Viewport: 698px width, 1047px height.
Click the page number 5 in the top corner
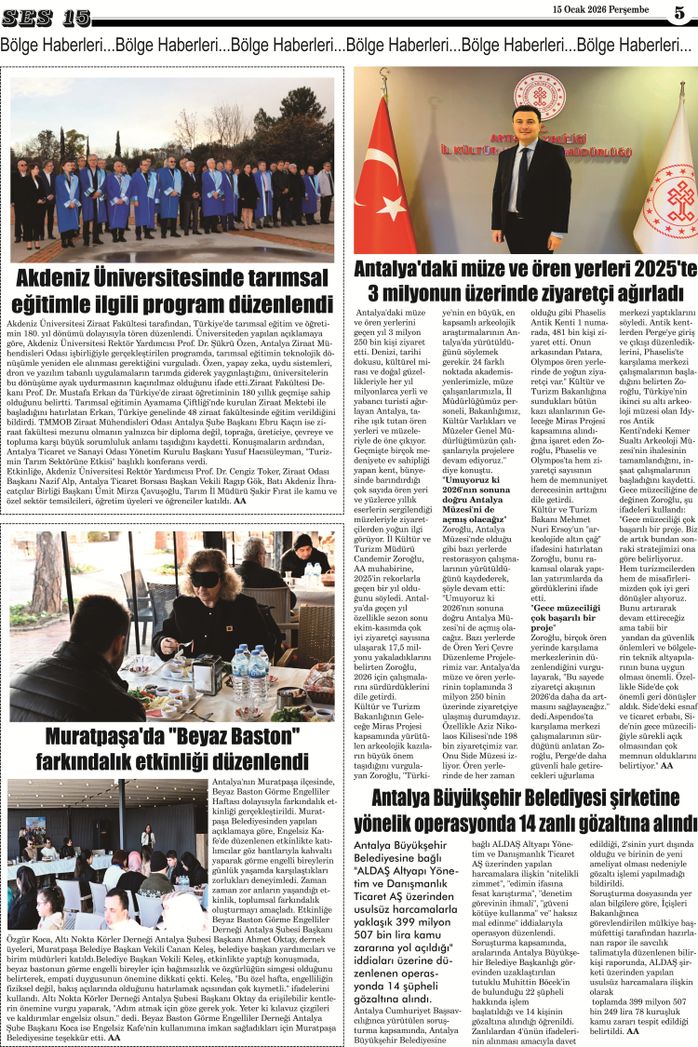[678, 13]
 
